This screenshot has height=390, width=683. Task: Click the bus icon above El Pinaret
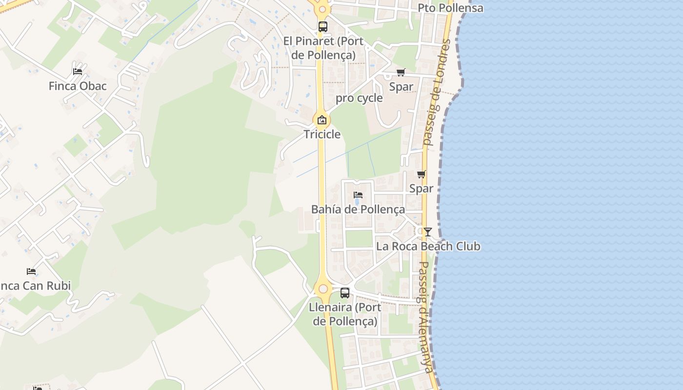pyautogui.click(x=322, y=27)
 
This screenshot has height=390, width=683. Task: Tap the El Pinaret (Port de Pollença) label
pyautogui.click(x=323, y=48)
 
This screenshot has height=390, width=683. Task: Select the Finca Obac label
pyautogui.click(x=78, y=86)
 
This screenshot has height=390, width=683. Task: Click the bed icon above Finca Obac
pyautogui.click(x=78, y=71)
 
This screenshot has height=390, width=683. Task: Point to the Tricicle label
pyautogui.click(x=322, y=135)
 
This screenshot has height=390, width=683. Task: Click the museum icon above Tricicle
pyautogui.click(x=322, y=120)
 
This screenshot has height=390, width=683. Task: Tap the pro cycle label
pyautogui.click(x=359, y=98)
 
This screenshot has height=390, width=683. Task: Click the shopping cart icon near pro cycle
pyautogui.click(x=401, y=73)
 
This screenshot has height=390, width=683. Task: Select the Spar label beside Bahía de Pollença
pyautogui.click(x=422, y=189)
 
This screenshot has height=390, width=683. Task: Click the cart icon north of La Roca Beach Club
pyautogui.click(x=422, y=174)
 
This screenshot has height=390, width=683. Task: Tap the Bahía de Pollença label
pyautogui.click(x=358, y=210)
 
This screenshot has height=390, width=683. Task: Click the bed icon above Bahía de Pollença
pyautogui.click(x=358, y=195)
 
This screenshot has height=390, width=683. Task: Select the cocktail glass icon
pyautogui.click(x=428, y=232)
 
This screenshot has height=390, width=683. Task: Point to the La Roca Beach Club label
pyautogui.click(x=428, y=247)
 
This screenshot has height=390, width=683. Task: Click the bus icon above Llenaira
pyautogui.click(x=345, y=293)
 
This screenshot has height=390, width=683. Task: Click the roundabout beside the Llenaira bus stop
pyautogui.click(x=323, y=289)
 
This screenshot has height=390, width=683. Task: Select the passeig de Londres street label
pyautogui.click(x=436, y=93)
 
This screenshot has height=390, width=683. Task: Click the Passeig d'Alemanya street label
pyautogui.click(x=426, y=317)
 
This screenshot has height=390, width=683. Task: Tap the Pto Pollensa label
pyautogui.click(x=450, y=8)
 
